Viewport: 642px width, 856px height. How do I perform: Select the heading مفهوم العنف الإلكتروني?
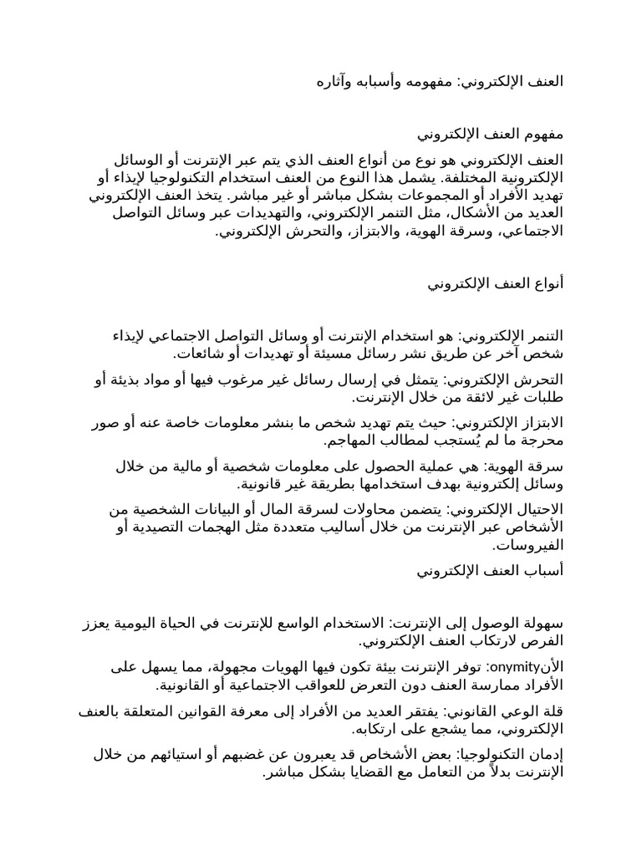coord(491,134)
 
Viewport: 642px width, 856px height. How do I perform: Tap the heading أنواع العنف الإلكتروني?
coord(496,284)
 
